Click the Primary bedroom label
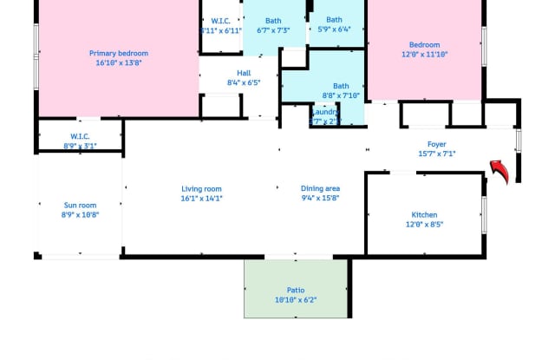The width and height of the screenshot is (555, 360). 119,53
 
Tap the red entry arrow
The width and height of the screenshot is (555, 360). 499,171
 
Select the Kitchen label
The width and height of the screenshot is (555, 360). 424,214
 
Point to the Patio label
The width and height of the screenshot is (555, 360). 296,290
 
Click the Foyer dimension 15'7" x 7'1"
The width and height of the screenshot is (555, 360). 436,154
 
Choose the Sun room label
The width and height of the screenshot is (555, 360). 80,205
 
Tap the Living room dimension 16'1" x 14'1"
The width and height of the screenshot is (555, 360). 202,198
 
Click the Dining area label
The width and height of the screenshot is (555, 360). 320,188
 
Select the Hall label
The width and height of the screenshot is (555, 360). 243,73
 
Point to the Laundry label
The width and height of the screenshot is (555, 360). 324,112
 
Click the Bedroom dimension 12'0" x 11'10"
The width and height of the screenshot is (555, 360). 424,55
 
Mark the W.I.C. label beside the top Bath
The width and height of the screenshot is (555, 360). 220,21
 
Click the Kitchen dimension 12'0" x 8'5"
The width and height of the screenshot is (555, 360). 424,225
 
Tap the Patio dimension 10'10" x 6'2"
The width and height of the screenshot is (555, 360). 296,300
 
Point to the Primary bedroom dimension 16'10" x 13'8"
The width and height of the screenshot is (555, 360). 119,63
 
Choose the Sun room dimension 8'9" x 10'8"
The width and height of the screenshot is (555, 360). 80,215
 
